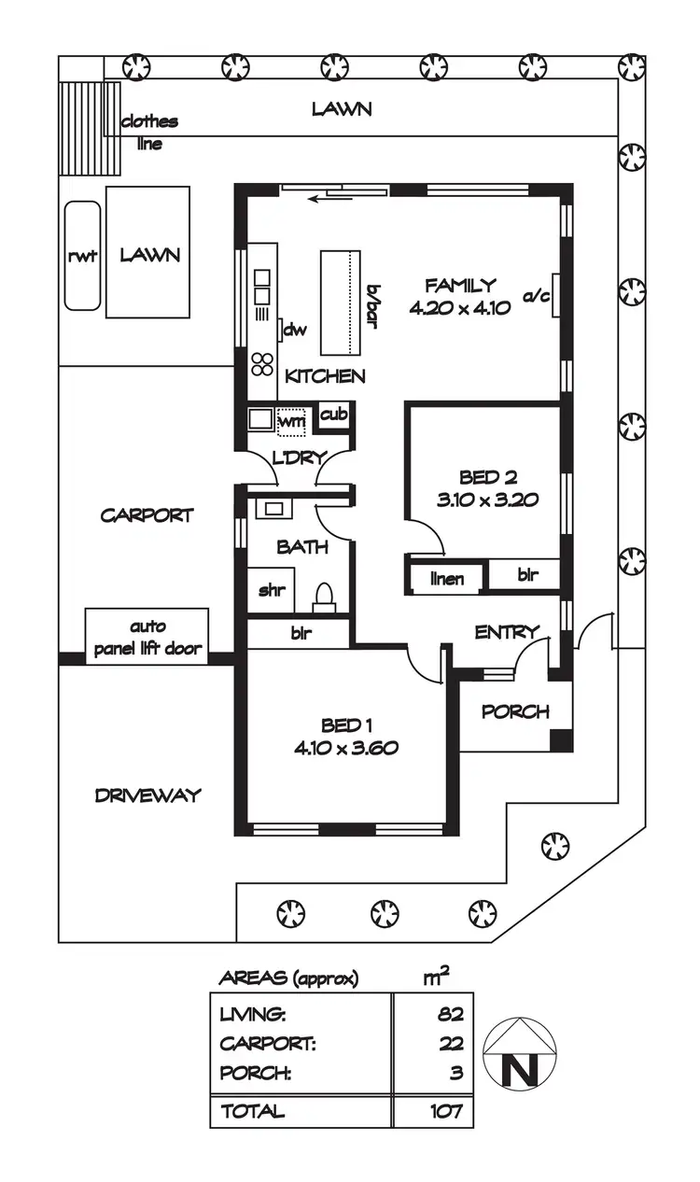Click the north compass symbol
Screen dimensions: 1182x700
(x=520, y=1052)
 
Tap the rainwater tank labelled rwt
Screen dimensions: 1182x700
(x=82, y=255)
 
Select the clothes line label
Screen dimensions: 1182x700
(x=148, y=133)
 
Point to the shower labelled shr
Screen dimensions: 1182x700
(x=272, y=590)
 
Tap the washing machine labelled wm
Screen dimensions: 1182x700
(x=292, y=421)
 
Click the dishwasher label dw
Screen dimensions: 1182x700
(x=295, y=330)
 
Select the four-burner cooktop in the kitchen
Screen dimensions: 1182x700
(x=262, y=364)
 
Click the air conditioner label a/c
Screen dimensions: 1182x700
(x=537, y=297)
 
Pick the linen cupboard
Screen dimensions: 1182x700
(x=447, y=579)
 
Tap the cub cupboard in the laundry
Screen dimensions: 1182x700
(x=333, y=415)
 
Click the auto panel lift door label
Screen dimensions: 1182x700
(x=148, y=638)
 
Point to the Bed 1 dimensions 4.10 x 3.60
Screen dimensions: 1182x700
(x=348, y=747)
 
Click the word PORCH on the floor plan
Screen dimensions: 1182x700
(x=514, y=711)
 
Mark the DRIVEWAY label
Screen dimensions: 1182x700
(x=147, y=795)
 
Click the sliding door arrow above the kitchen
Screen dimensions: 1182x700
(x=326, y=197)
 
